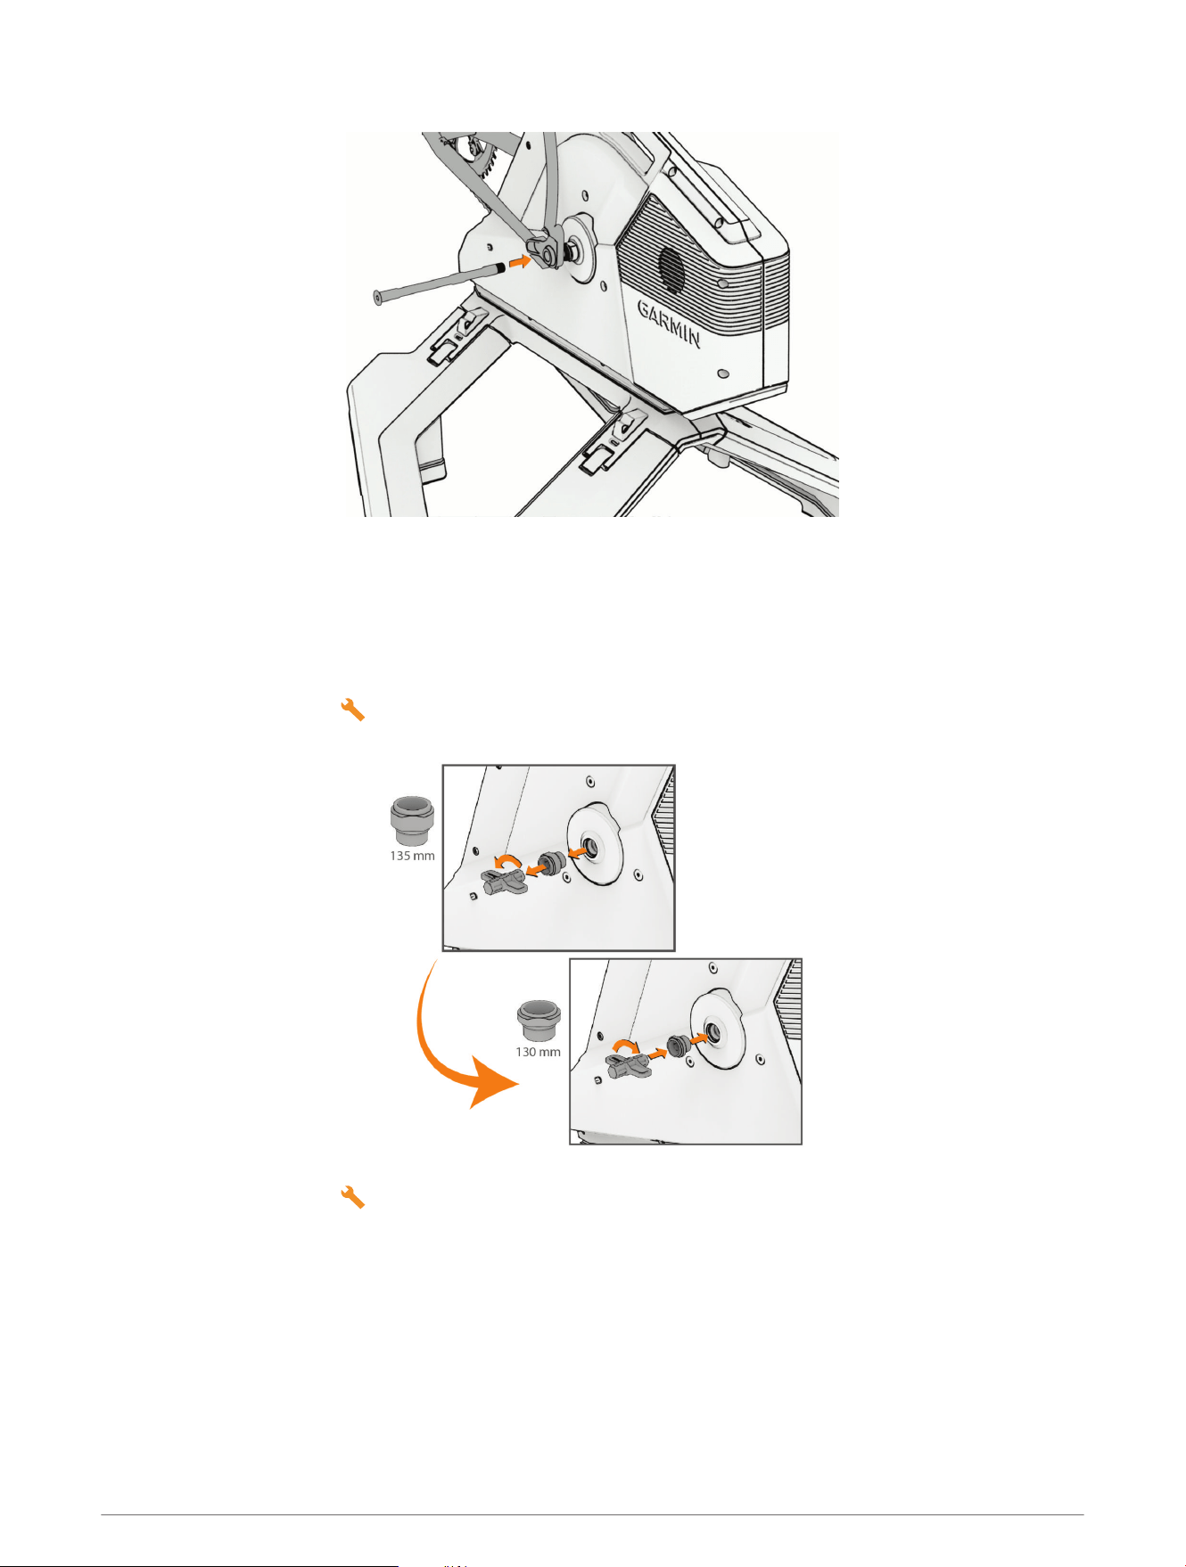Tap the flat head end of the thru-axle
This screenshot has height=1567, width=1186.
[377, 297]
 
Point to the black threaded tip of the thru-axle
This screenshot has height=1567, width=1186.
[501, 267]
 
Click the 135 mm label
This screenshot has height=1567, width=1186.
[412, 856]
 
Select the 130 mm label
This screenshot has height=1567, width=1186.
[538, 1052]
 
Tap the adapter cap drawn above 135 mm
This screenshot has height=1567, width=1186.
[412, 820]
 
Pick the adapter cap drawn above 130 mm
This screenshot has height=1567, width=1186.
[539, 1019]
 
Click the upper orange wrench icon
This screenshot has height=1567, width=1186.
[353, 710]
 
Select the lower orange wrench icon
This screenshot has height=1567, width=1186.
[353, 1197]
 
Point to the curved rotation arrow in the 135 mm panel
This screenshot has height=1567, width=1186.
[508, 858]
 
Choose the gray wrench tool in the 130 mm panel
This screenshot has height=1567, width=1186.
[629, 1063]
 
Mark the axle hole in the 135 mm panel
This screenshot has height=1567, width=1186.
[590, 845]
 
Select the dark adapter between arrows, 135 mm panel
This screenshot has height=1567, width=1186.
[553, 863]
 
